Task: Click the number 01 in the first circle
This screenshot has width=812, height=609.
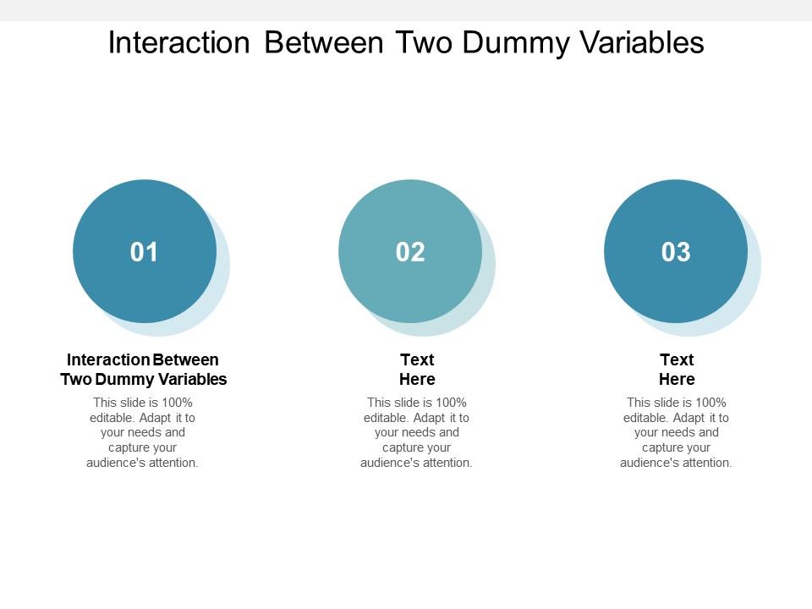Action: coord(145,252)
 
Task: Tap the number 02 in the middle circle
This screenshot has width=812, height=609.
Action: coord(410,252)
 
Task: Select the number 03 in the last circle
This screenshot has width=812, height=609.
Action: coord(676,252)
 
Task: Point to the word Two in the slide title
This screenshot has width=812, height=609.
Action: coord(425,42)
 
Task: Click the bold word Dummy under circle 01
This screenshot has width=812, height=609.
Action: coord(126,379)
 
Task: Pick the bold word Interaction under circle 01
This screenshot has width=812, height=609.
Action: coord(108,359)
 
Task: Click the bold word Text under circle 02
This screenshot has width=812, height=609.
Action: coord(417,359)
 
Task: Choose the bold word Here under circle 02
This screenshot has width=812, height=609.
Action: coord(417,379)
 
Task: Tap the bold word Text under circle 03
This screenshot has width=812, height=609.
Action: coord(677,359)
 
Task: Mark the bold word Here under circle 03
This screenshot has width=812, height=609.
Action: coord(677,379)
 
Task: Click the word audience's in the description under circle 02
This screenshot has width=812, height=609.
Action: coord(389,463)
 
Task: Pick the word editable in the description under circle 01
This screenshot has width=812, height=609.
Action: coord(112,418)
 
